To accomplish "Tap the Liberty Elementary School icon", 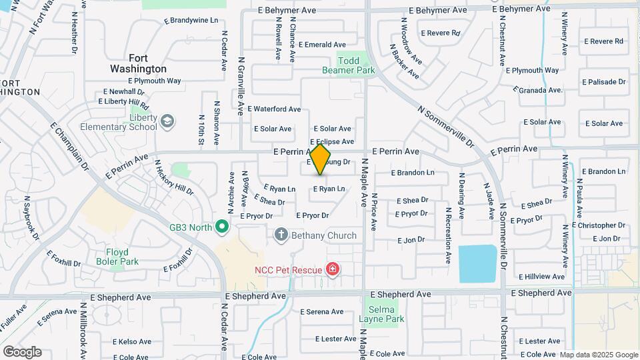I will pos(166,121).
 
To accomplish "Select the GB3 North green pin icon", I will pos(223,227).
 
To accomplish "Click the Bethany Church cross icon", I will pos(281,235).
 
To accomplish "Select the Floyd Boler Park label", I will pos(122,257).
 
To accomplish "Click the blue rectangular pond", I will pos(477,264).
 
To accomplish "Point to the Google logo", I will pos(22,351).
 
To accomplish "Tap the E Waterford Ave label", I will pos(274,109).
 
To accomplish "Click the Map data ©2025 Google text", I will pos(598,355).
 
